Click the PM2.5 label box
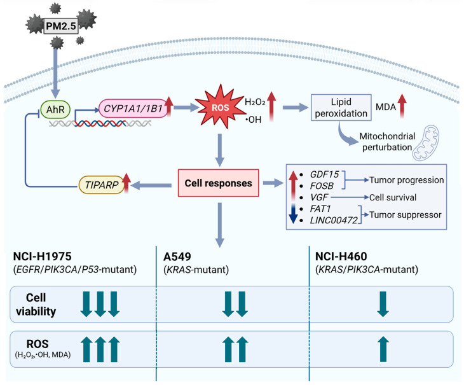(61, 26)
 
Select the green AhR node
(55, 109)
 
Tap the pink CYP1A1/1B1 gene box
(133, 108)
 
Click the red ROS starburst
(220, 107)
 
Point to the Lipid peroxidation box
(341, 108)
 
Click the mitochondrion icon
(426, 143)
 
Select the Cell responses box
(219, 183)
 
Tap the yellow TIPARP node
(102, 185)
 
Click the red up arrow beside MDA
(402, 106)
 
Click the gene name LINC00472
(334, 220)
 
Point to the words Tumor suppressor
(406, 214)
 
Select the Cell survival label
(393, 197)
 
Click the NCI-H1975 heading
(43, 256)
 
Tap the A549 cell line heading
(177, 256)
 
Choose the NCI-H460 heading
(341, 256)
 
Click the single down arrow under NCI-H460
(383, 304)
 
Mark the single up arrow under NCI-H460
(383, 349)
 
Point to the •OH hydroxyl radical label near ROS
(254, 120)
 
